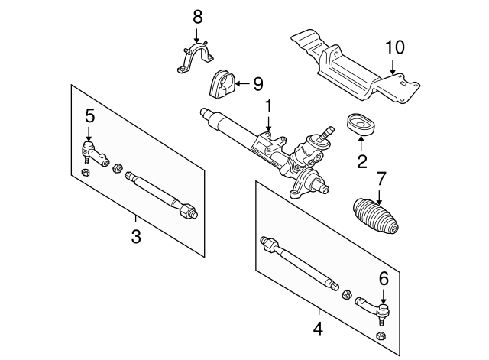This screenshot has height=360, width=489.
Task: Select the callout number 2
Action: pos(362,161)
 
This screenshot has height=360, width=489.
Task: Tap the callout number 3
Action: pos(136,236)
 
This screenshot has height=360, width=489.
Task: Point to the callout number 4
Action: pos(319,330)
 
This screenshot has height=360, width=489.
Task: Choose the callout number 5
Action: pos(89,116)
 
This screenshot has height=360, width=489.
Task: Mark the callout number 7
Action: pos(380,180)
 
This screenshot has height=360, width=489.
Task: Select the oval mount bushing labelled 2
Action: pos(360,126)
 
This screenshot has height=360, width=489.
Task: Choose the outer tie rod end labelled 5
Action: pos(92,153)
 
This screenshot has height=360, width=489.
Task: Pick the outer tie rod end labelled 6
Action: pos(376,311)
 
